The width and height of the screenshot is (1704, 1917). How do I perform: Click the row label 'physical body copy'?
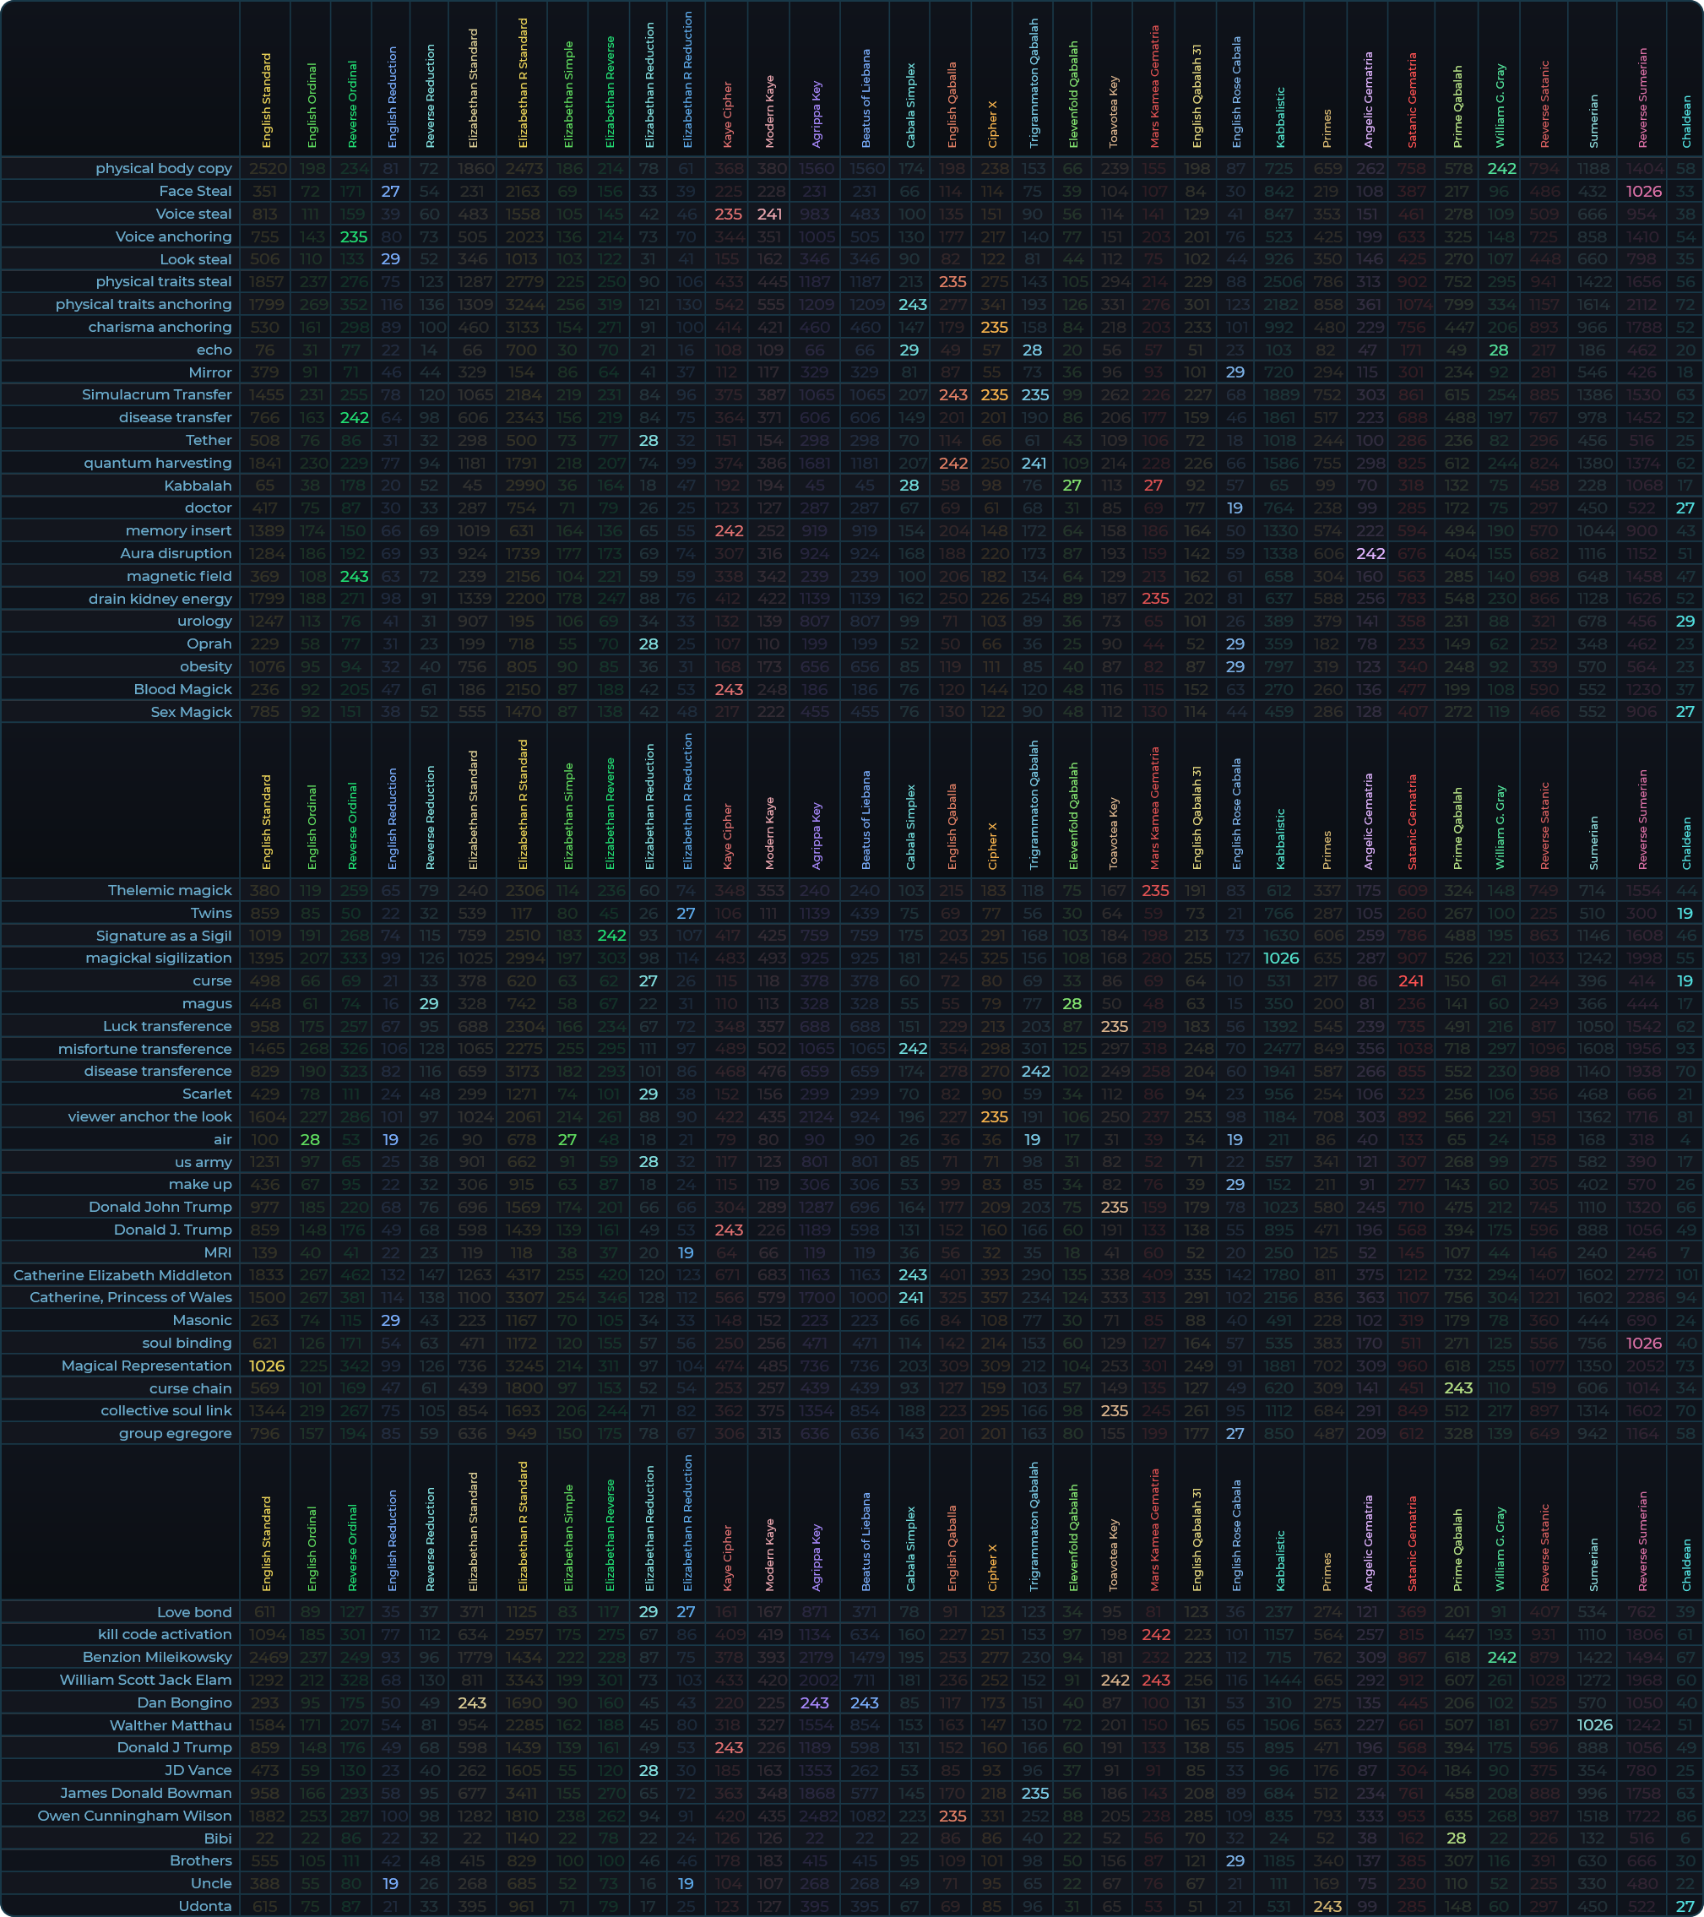point(163,169)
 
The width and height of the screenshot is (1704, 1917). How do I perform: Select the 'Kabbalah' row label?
point(198,486)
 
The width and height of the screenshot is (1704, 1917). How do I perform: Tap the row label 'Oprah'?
point(209,644)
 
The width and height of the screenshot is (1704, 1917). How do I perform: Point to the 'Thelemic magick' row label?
point(170,891)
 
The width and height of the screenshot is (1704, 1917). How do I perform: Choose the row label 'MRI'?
point(218,1253)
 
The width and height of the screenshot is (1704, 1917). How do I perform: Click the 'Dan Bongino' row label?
point(185,1703)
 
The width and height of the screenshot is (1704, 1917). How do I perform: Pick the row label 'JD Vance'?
point(198,1771)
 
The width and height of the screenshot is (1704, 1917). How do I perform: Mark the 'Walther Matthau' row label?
point(171,1725)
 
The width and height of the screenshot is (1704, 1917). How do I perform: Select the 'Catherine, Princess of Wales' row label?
point(130,1298)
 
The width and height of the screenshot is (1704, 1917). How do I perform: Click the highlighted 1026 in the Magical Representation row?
point(266,1366)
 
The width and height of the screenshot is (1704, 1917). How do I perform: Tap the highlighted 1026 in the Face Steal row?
point(1644,192)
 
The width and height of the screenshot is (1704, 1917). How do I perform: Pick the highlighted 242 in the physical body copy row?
point(1501,169)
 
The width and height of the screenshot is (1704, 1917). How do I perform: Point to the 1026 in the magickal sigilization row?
point(1281,958)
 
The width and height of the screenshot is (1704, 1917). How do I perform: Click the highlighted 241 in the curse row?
point(1411,981)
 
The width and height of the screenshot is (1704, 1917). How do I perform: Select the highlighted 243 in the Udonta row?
point(1327,1907)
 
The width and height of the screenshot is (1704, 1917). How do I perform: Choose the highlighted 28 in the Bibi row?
point(1457,1838)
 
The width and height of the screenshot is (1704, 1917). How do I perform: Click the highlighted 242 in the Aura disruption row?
point(1370,554)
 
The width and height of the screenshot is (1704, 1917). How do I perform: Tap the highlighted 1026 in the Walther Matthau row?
point(1595,1725)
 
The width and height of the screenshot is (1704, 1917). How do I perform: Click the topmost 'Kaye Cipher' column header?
point(728,114)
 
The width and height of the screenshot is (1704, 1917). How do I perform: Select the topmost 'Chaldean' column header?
point(1686,121)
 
